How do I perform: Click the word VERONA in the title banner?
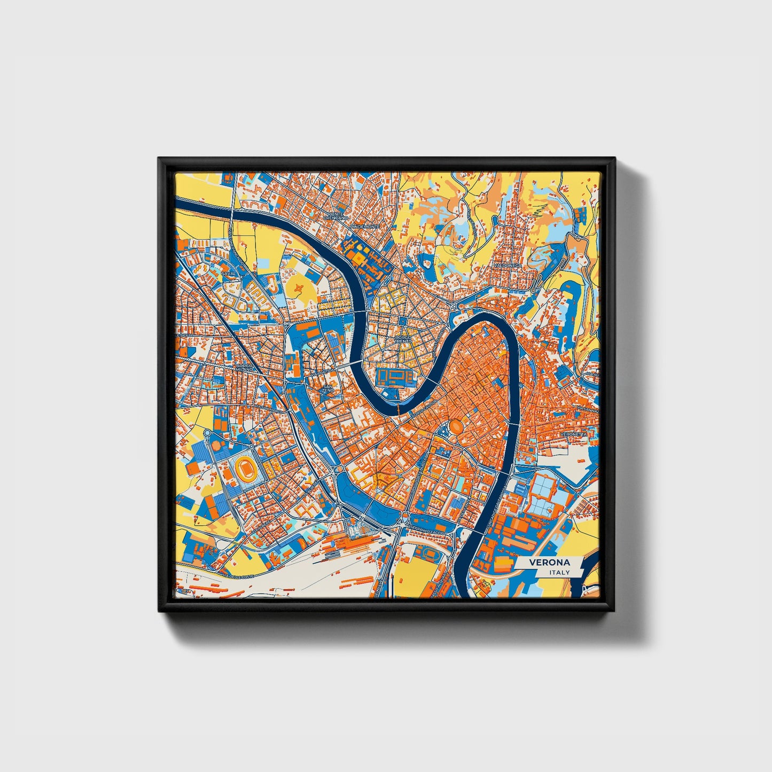549,563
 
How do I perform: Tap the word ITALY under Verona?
559,573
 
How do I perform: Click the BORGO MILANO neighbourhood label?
247,369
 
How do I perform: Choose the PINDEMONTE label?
364,227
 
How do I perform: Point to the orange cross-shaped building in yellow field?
300,288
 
